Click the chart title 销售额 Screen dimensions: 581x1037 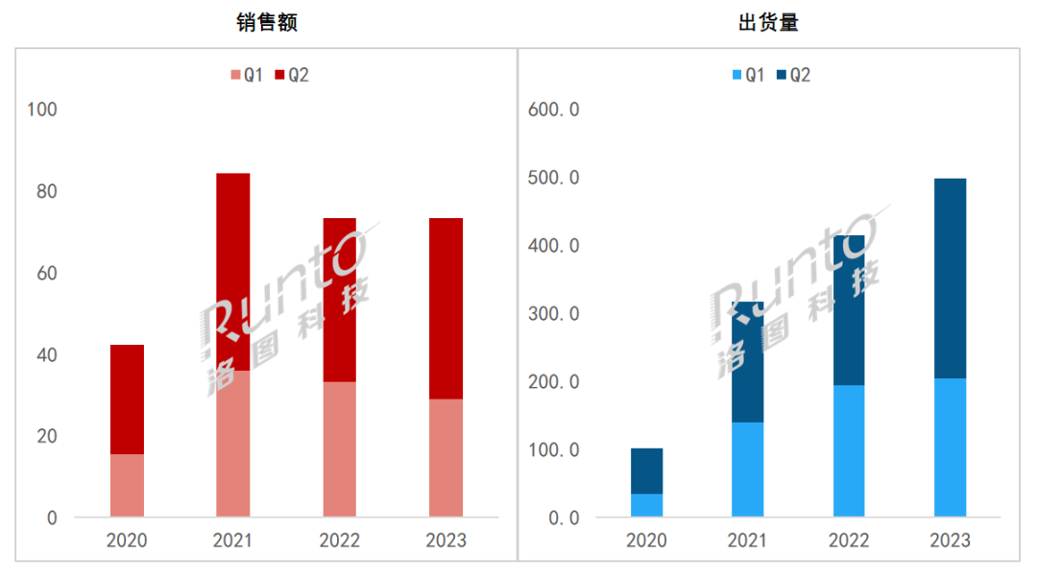pos(267,23)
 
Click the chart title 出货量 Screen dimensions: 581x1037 pos(768,23)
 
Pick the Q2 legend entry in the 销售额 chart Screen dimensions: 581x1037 pos(291,75)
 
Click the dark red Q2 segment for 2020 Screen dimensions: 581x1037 pos(127,399)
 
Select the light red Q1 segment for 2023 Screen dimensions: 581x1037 pos(446,458)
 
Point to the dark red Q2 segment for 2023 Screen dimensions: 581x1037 pos(446,308)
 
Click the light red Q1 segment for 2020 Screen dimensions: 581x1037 pos(127,486)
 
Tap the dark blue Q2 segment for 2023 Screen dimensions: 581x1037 pos(950,278)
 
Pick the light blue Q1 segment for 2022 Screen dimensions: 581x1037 pos(849,451)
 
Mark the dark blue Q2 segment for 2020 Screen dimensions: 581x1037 pos(646,471)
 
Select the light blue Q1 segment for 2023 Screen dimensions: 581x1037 pos(950,448)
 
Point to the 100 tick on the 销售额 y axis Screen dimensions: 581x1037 pos(43,110)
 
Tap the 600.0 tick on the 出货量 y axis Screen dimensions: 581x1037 pos(554,110)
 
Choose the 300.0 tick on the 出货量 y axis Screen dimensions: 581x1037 pos(554,314)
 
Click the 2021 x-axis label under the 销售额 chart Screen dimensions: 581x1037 pos(232,541)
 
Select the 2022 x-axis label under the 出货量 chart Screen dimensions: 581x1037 pos(849,541)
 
